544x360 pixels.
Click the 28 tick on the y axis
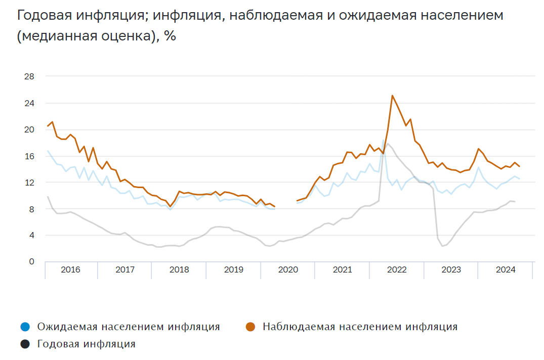click(28, 76)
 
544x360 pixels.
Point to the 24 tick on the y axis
click(28, 103)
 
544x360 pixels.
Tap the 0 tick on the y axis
click(31, 261)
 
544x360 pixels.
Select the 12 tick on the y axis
click(28, 182)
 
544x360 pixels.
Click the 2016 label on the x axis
click(70, 270)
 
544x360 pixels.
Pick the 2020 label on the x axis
click(288, 270)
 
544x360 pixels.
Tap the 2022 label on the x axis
click(397, 270)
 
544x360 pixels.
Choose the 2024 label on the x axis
click(506, 270)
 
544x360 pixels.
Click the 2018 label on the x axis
click(179, 270)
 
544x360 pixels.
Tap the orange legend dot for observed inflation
click(250, 327)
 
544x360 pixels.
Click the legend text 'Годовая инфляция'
click(87, 345)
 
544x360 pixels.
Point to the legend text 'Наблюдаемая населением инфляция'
click(360, 327)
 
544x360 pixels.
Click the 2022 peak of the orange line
click(392, 96)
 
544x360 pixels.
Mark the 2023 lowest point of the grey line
click(442, 246)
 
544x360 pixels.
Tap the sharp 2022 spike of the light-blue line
click(383, 141)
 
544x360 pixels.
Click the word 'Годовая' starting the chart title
click(44, 16)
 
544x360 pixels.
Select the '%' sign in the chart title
click(170, 37)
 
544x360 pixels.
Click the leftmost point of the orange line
click(48, 125)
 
